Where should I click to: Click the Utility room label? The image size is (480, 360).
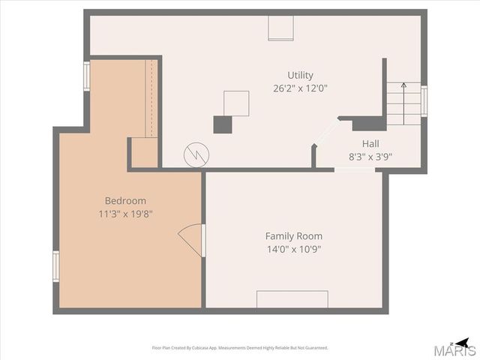tap(300, 75)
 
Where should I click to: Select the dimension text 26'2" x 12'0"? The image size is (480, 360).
tap(300, 88)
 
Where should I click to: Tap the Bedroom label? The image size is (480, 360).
tap(125, 201)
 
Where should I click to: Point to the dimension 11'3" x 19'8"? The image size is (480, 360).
tap(125, 214)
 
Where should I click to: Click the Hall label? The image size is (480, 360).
tap(370, 144)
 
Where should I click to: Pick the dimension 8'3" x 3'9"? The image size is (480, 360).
tap(370, 157)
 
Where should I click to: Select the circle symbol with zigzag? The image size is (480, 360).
tap(196, 155)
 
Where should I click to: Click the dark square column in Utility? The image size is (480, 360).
tap(223, 124)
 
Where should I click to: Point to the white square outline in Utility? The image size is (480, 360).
tap(236, 103)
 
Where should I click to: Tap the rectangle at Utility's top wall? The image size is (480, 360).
tap(281, 28)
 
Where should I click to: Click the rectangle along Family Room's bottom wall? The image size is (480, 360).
tap(292, 298)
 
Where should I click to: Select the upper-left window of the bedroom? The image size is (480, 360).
tap(86, 76)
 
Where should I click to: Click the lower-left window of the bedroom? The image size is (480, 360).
tap(55, 265)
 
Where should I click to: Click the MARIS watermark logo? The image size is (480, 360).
tap(457, 350)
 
